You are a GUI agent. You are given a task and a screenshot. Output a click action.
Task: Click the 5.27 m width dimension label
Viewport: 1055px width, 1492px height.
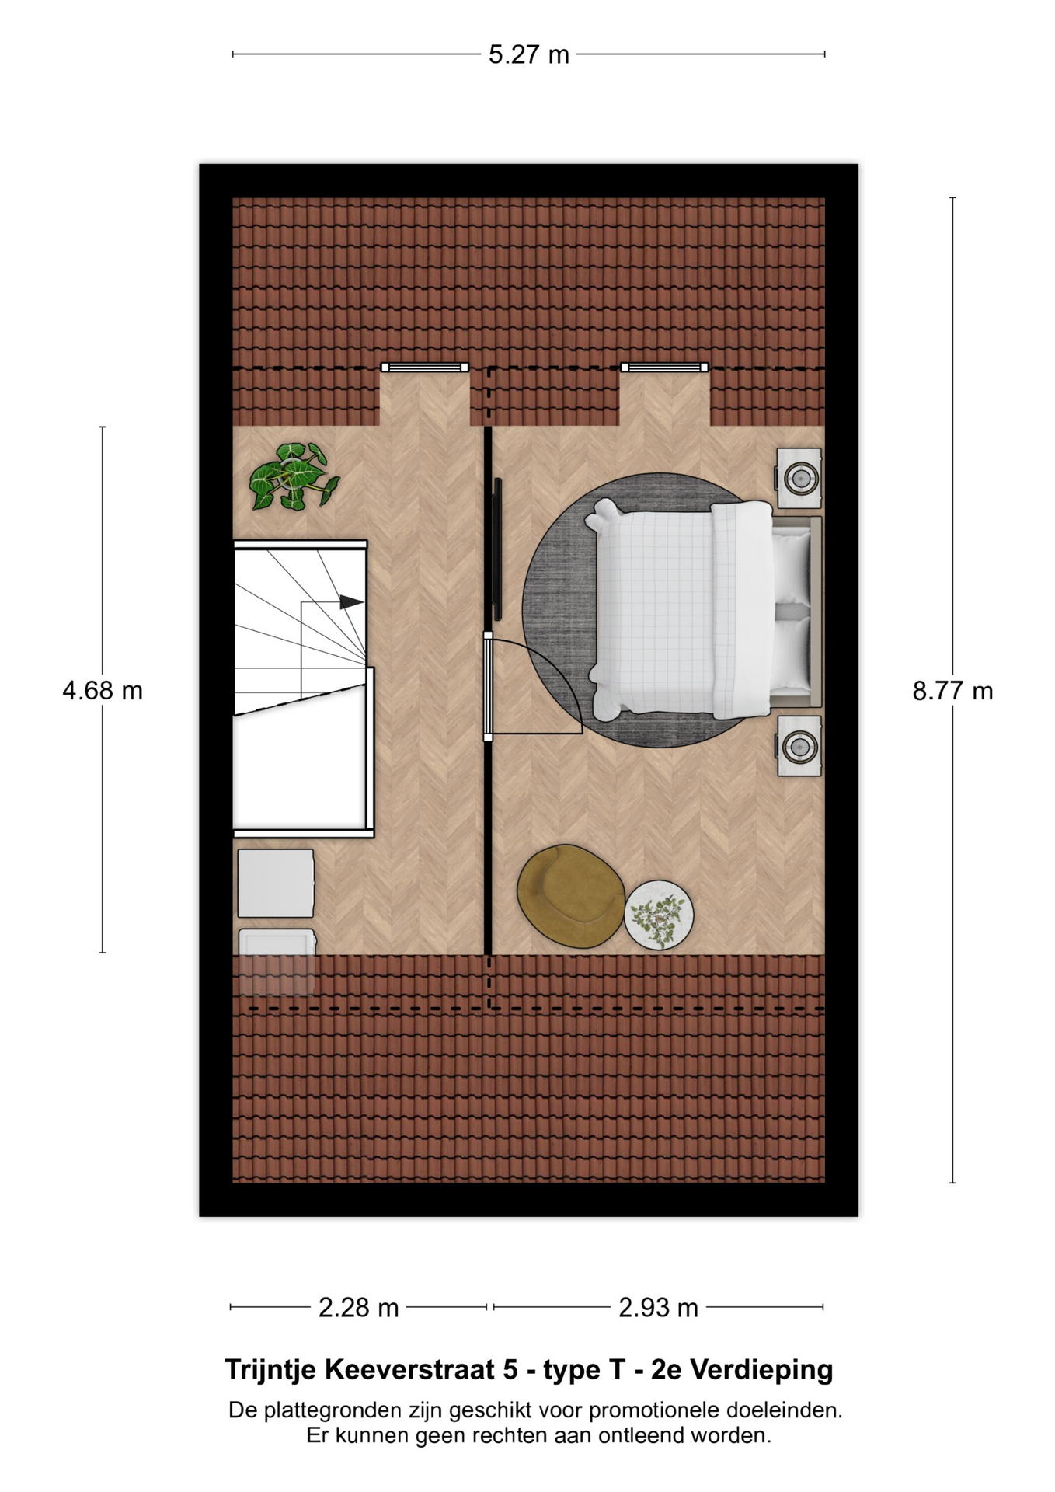(x=528, y=54)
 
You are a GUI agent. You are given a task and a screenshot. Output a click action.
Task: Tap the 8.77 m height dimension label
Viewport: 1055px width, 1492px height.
(x=952, y=690)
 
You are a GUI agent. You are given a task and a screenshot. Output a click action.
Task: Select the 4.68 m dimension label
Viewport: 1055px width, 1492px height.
(x=103, y=690)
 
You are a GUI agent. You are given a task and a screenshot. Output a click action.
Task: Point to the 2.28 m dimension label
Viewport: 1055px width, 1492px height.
(x=358, y=1308)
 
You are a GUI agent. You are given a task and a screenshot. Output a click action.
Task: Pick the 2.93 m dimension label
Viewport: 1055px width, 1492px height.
(x=658, y=1308)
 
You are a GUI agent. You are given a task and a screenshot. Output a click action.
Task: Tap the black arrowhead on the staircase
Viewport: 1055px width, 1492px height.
(x=351, y=602)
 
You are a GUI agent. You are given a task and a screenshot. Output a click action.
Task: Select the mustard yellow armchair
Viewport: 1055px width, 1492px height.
(x=570, y=896)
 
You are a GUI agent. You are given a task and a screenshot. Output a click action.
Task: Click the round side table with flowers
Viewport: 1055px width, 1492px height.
(x=659, y=915)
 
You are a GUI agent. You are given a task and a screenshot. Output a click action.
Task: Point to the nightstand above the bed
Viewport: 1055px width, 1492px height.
(x=799, y=477)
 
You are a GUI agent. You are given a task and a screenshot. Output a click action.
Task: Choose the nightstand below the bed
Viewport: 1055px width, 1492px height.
(x=799, y=746)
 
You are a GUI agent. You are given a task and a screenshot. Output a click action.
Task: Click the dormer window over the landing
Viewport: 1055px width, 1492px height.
(x=424, y=368)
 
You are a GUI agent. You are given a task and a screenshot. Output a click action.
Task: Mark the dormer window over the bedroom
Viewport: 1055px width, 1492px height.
(x=664, y=368)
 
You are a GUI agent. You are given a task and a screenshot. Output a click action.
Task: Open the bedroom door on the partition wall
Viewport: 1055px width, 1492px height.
(x=489, y=685)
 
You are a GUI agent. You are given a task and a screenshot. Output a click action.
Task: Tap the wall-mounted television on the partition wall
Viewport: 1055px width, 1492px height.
(x=497, y=549)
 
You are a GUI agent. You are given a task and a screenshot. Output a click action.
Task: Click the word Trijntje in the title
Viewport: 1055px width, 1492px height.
(x=270, y=1370)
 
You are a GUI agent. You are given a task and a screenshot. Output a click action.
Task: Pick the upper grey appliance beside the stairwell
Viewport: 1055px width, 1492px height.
(x=276, y=884)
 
